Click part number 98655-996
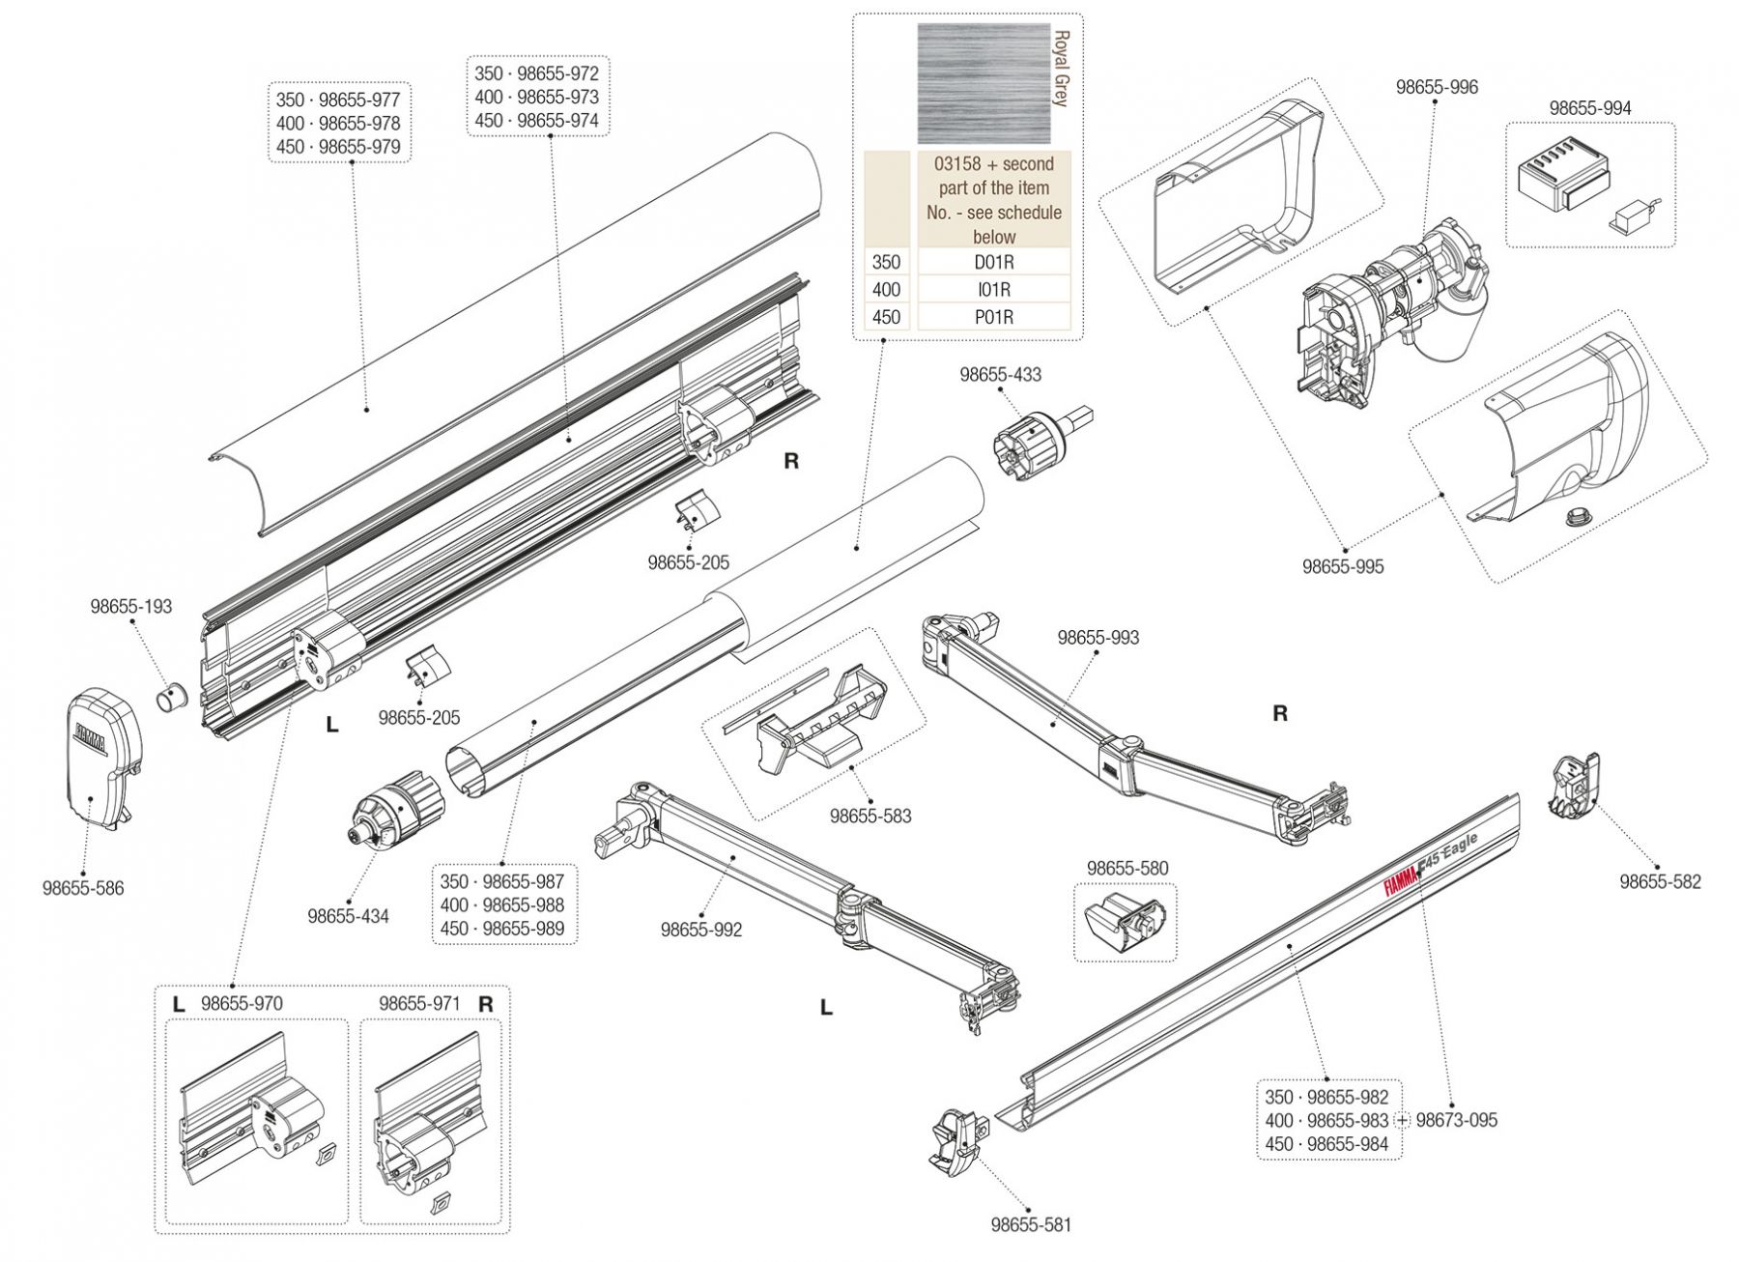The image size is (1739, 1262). tap(1437, 87)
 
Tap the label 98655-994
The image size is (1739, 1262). tap(1589, 108)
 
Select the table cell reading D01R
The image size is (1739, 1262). tap(993, 262)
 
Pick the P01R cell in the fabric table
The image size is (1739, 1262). tap(993, 317)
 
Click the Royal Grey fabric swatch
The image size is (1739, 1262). tap(983, 84)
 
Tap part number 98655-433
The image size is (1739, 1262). tap(1000, 375)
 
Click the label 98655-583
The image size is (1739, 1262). tap(869, 816)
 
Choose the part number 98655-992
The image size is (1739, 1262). tap(701, 930)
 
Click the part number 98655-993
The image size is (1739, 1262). tap(1098, 638)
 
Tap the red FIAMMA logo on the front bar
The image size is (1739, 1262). tap(1399, 881)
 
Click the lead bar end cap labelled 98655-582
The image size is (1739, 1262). tap(1575, 788)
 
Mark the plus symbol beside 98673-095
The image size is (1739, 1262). tap(1403, 1120)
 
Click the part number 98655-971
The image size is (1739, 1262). tap(419, 1004)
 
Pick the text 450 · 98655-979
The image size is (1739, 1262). tap(338, 147)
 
